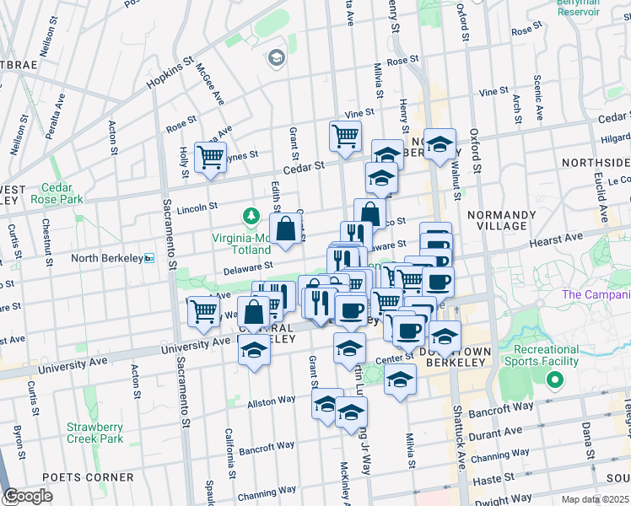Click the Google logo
(x=28, y=496)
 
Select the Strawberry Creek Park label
(x=95, y=432)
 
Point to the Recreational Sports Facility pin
(x=555, y=380)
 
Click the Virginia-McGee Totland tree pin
(x=251, y=217)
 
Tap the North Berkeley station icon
(x=149, y=258)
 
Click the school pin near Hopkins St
(x=276, y=57)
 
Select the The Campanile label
(x=596, y=294)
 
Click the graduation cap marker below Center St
(x=400, y=379)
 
